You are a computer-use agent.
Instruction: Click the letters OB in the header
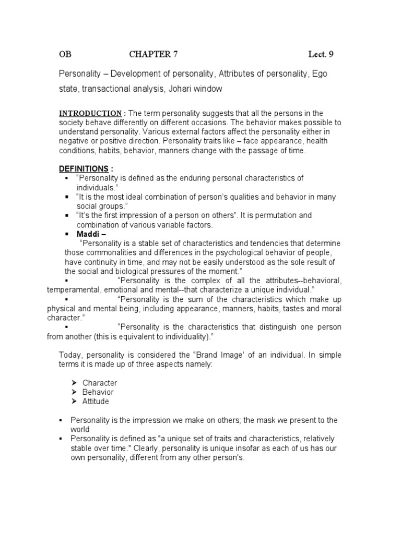[x=65, y=54]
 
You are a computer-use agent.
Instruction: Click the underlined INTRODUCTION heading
[x=90, y=114]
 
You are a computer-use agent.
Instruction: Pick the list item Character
[x=99, y=383]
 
